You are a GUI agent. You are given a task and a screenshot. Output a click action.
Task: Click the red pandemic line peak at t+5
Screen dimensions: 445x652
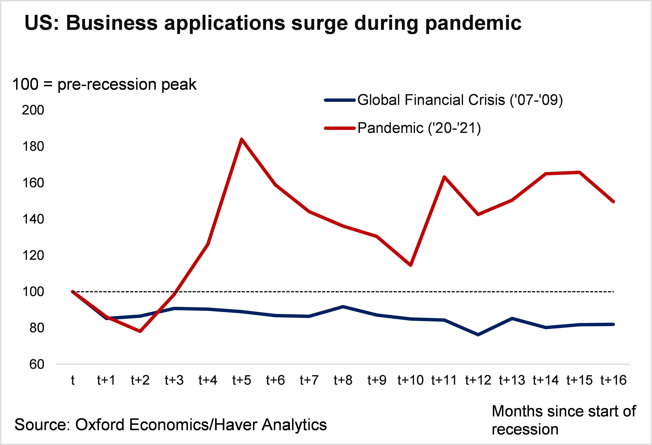click(242, 139)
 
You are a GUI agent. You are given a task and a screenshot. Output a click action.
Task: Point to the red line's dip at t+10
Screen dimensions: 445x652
click(411, 265)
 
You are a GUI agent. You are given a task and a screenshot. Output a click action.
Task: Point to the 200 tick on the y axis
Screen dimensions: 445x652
click(33, 110)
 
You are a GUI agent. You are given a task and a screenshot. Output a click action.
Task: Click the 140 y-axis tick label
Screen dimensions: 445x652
click(33, 219)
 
